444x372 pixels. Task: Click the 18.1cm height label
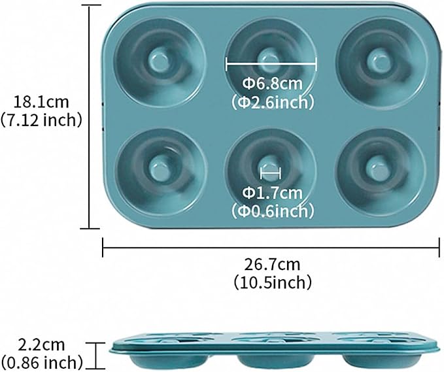click(41, 102)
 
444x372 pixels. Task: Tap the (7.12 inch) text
click(41, 120)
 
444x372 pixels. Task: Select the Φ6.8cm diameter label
click(273, 84)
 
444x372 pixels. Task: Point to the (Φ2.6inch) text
click(273, 103)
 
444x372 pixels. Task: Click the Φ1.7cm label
click(273, 193)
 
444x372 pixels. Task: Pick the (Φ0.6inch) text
click(273, 211)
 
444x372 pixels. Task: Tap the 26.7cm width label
click(272, 265)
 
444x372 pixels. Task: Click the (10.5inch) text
click(273, 282)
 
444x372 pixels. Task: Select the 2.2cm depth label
click(41, 345)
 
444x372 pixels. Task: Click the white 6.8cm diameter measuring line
click(271, 64)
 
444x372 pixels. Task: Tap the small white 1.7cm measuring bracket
click(271, 173)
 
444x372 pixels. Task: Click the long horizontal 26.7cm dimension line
click(271, 248)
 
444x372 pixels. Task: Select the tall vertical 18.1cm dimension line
click(90, 116)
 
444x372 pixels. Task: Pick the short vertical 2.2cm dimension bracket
click(97, 356)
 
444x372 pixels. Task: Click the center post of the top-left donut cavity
click(158, 59)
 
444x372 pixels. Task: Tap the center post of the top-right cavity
click(378, 60)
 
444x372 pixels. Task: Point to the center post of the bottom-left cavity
click(158, 168)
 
